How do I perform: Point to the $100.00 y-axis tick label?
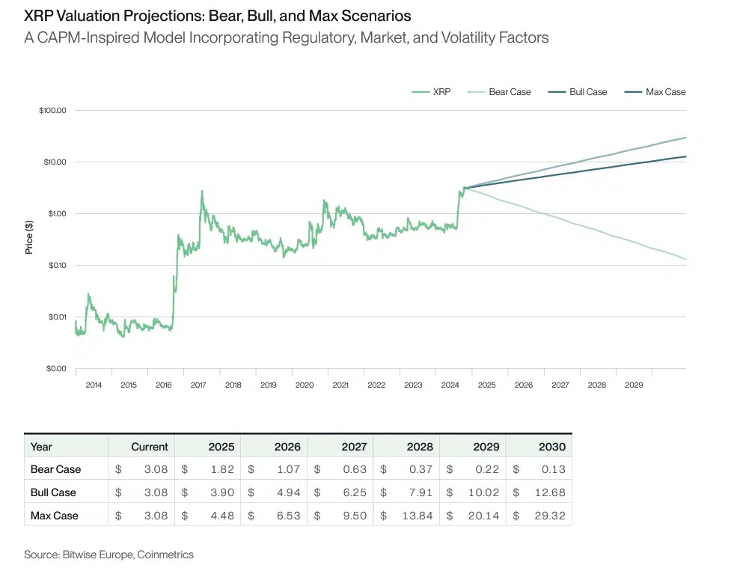tap(53, 111)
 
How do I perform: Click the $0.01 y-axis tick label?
tap(55, 317)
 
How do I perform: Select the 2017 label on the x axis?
tap(198, 385)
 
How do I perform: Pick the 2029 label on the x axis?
tap(634, 385)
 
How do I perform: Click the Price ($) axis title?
tap(29, 236)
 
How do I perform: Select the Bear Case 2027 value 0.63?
tap(353, 469)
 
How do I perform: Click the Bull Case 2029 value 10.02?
tap(485, 492)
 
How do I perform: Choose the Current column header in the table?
tap(149, 446)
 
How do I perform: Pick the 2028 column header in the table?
tap(419, 446)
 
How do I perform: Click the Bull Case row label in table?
tap(53, 492)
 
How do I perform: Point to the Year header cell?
tap(41, 446)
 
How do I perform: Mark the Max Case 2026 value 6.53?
tap(287, 516)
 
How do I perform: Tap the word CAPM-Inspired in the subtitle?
tap(80, 37)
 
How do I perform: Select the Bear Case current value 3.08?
tap(155, 469)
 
